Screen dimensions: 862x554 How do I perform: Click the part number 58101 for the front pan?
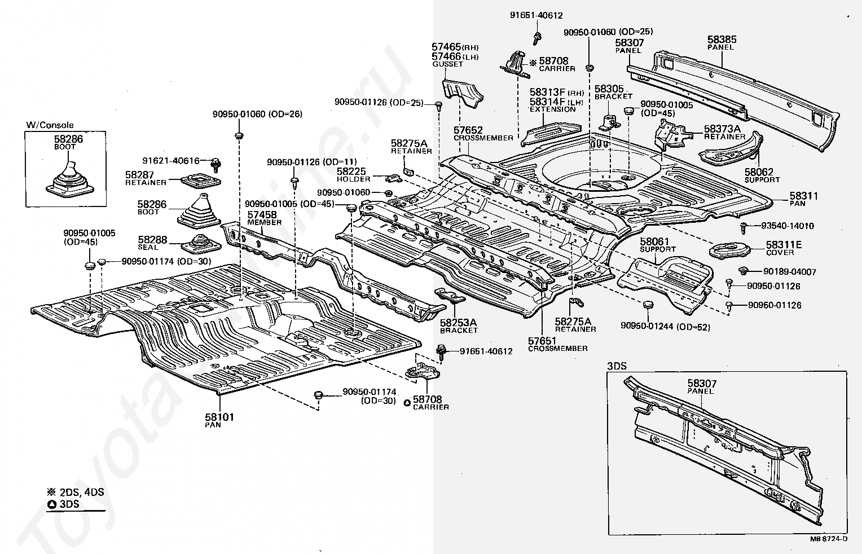click(x=219, y=417)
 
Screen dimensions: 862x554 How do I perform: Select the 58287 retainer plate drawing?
click(x=200, y=181)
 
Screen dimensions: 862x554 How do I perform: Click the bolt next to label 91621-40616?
click(x=216, y=164)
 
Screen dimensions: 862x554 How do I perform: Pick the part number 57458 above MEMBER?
click(x=262, y=215)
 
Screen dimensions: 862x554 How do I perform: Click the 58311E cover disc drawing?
click(x=729, y=250)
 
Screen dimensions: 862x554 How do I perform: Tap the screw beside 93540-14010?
click(x=744, y=228)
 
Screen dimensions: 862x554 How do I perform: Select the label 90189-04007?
click(x=790, y=272)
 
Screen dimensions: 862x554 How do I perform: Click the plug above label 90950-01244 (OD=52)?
click(x=648, y=305)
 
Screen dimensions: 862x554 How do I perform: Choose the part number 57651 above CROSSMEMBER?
click(x=542, y=341)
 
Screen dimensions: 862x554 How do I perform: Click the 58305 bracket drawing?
click(x=610, y=122)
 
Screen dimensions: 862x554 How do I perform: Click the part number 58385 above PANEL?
click(x=722, y=39)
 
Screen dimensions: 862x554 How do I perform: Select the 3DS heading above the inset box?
click(x=617, y=366)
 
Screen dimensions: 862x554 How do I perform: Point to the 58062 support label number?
click(x=759, y=172)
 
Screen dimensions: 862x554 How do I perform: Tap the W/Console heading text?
click(x=50, y=125)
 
